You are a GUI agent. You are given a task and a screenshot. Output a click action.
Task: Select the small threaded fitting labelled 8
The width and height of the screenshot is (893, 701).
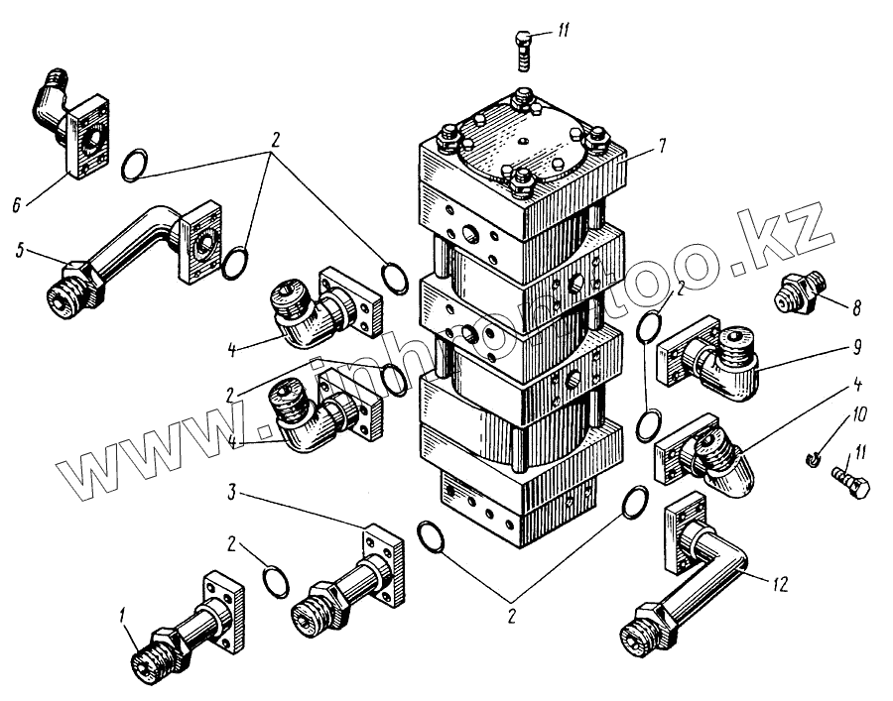(800, 293)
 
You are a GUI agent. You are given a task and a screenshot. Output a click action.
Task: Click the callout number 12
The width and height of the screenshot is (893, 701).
(780, 585)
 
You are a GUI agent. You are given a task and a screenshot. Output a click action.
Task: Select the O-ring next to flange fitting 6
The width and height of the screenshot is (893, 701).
(136, 165)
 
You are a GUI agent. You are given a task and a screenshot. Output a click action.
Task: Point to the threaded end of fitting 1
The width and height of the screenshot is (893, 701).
(150, 658)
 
